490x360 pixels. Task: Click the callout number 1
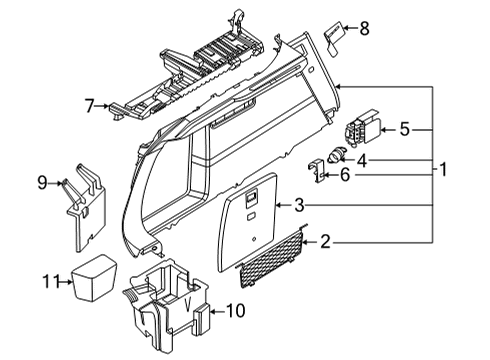[442, 169]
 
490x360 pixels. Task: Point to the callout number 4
[363, 160]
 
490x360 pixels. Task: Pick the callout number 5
[404, 128]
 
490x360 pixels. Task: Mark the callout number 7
[89, 104]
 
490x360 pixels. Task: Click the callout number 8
[363, 29]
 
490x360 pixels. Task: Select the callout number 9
[43, 182]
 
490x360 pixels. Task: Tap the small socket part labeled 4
[336, 154]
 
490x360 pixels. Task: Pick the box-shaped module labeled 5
[361, 128]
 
